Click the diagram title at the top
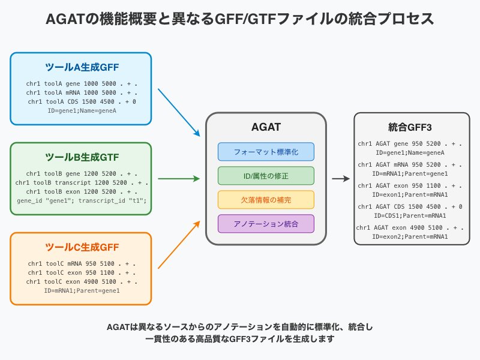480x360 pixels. tap(240, 19)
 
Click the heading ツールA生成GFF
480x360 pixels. tap(82, 67)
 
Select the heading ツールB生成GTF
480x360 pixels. tap(82, 157)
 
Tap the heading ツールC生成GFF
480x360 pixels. tap(82, 247)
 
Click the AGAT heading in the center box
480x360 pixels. tap(266, 128)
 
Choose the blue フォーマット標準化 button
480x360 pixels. tap(266, 151)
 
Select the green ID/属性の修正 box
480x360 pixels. tap(266, 175)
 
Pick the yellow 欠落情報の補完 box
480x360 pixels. tap(266, 199)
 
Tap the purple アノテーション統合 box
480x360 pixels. tap(266, 223)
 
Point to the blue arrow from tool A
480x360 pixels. tap(179, 112)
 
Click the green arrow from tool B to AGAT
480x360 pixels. tap(179, 178)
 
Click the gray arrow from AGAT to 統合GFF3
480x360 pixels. tap(341, 178)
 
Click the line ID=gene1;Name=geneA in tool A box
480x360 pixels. tap(82, 111)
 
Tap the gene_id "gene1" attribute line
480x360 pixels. tap(82, 200)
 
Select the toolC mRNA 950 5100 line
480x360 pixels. tap(82, 263)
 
